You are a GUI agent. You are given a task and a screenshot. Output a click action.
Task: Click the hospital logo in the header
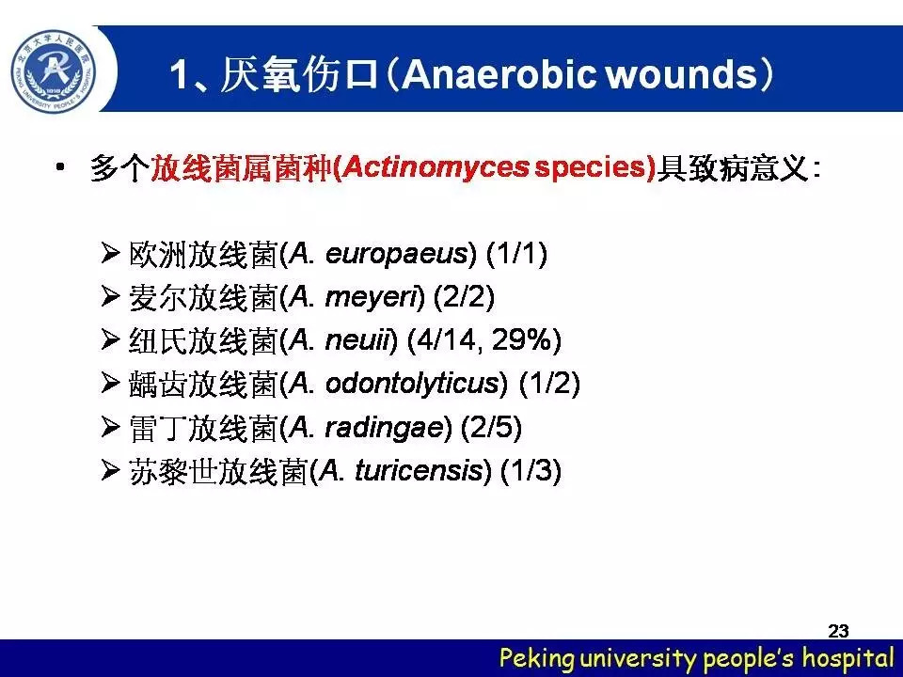click(x=54, y=71)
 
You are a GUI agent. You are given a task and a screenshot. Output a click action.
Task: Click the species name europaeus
click(x=397, y=254)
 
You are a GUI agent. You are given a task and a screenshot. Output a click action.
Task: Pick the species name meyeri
click(x=371, y=298)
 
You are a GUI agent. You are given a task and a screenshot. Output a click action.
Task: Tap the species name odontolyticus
click(x=412, y=384)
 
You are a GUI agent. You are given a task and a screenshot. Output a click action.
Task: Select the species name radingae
click(x=385, y=427)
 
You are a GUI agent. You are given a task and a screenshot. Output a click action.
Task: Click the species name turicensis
click(x=419, y=470)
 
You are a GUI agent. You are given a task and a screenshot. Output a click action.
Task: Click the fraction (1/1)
click(x=516, y=254)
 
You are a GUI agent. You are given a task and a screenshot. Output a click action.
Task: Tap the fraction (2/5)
click(x=491, y=427)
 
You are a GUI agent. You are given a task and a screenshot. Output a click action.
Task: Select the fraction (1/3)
click(x=531, y=471)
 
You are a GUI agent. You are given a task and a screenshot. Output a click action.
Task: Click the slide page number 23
click(x=838, y=631)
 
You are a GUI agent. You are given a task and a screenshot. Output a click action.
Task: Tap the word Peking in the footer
click(x=537, y=658)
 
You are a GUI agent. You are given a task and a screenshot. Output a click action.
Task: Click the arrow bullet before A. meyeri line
click(x=110, y=297)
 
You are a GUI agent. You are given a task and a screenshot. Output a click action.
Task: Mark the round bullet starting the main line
click(x=60, y=167)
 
